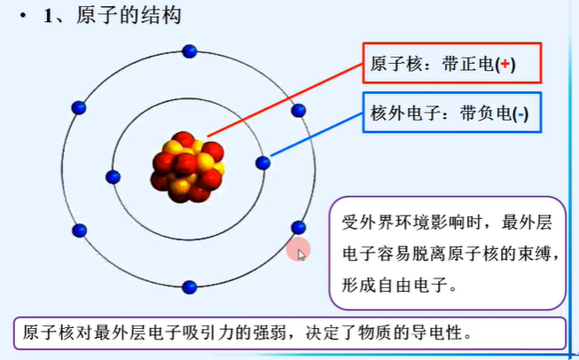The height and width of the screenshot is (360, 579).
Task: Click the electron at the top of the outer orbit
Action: pos(189,51)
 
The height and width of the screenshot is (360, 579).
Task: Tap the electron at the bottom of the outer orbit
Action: pos(189,286)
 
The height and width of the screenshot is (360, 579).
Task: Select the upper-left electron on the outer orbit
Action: pos(79,108)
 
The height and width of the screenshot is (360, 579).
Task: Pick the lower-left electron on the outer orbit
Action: pos(79,231)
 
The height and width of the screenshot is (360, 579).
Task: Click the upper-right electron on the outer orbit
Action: pos(299,110)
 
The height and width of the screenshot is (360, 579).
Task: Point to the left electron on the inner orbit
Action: pos(113,176)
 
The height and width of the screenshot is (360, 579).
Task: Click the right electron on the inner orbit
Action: pos(262,162)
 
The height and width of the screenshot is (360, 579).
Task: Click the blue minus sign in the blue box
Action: pos(522,113)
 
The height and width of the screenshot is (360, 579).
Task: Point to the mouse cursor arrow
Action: pos(301,254)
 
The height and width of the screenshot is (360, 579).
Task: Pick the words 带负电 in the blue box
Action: pos(486,113)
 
